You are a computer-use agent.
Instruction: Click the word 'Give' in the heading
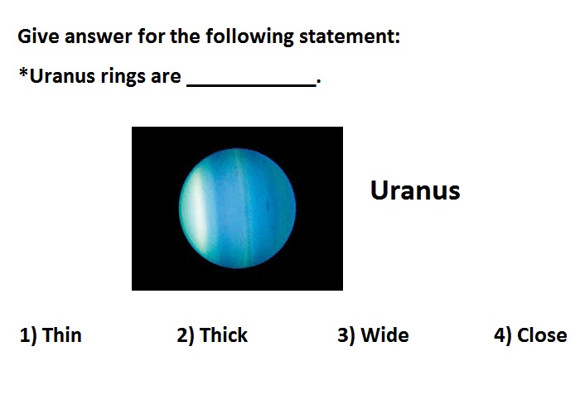pos(38,36)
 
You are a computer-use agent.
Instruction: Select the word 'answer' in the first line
pos(98,37)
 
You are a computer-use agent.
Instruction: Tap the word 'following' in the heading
pos(249,37)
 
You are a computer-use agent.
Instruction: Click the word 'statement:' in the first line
pos(350,36)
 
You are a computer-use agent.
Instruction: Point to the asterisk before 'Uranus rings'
pos(23,73)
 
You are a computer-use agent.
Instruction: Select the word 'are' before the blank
pos(166,77)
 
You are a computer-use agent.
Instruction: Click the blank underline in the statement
pos(252,86)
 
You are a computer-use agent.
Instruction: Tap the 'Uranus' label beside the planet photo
pos(415,190)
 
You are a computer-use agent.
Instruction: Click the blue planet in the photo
pos(238,208)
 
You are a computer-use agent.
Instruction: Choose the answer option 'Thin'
pos(62,335)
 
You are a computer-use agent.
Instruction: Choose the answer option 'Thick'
pos(224,335)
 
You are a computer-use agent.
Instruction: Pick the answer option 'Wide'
pos(384,335)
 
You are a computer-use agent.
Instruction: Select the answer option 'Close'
pos(542,335)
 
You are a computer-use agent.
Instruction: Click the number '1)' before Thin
pos(28,335)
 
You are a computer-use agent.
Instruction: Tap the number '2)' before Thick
pos(186,335)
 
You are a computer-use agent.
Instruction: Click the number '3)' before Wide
pos(346,335)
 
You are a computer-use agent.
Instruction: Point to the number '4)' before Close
pos(503,335)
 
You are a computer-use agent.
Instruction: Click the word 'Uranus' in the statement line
pos(62,76)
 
